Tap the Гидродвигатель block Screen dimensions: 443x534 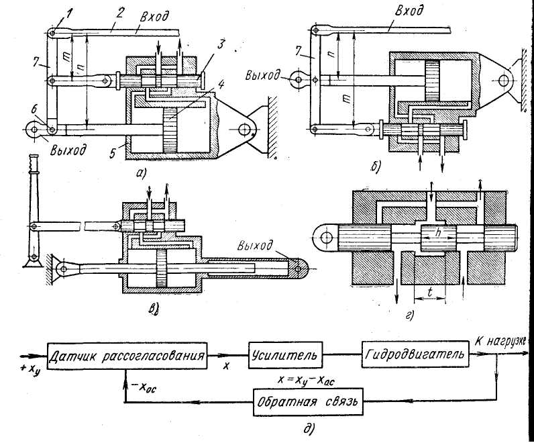(413, 353)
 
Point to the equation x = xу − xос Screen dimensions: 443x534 (306, 379)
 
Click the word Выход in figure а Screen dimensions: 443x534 (67, 149)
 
